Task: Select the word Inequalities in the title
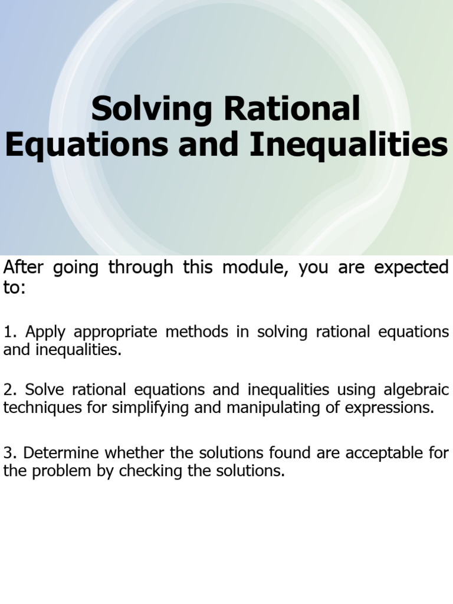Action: click(349, 146)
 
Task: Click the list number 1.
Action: click(8, 332)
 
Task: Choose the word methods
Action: click(196, 332)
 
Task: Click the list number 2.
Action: click(8, 390)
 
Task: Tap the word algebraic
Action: click(416, 390)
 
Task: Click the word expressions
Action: click(390, 409)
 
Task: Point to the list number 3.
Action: click(8, 453)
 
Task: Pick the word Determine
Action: click(60, 453)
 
